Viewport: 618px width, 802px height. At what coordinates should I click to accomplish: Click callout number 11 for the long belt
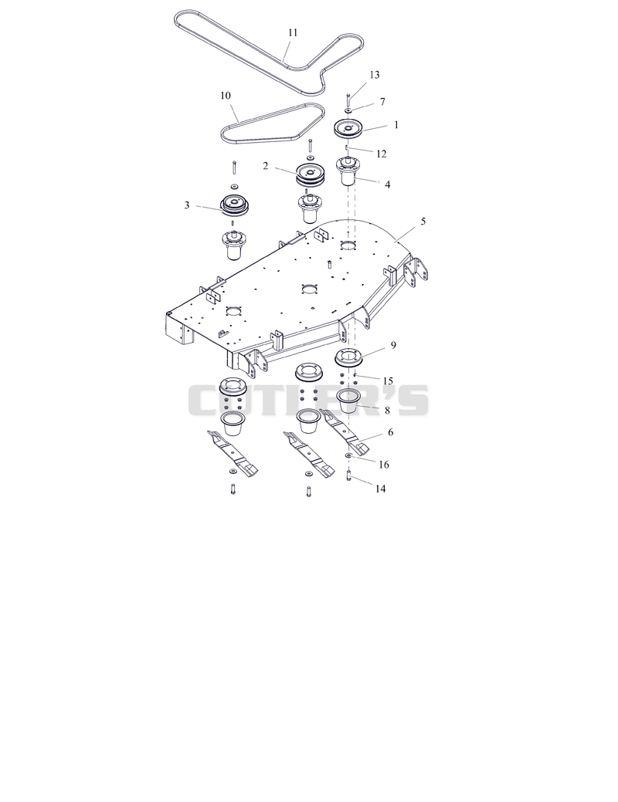pos(292,32)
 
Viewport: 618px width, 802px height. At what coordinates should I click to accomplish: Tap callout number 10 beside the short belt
pos(226,96)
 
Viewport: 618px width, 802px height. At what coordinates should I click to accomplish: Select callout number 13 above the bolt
pos(375,75)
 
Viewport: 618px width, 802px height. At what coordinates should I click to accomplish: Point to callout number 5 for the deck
pos(423,222)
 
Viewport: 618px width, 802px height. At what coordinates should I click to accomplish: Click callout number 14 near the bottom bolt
pos(380,489)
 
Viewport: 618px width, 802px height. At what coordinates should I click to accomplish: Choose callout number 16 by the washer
pos(383,465)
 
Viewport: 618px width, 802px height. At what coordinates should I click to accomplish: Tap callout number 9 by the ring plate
pos(393,345)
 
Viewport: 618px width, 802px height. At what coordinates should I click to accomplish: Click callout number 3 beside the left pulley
pos(187,205)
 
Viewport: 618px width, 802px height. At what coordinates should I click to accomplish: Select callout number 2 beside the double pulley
pos(265,166)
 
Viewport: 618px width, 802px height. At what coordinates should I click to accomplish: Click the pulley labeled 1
pos(348,128)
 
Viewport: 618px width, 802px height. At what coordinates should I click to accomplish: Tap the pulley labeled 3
pos(235,205)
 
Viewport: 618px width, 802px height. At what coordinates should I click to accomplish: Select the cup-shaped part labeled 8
pos(349,398)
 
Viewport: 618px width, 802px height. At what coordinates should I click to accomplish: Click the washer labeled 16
pos(348,455)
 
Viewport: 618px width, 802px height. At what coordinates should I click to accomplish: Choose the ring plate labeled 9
pos(348,357)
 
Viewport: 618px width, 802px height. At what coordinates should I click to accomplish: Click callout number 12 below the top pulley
pos(381,154)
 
